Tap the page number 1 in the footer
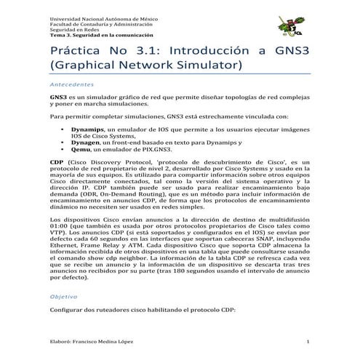pos(308,341)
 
